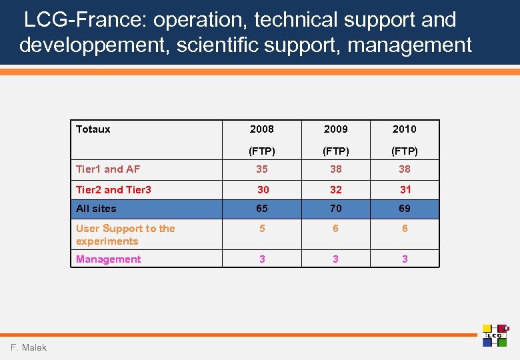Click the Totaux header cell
(x=93, y=129)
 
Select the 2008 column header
(x=261, y=129)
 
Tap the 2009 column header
(x=335, y=129)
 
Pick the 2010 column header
(x=404, y=129)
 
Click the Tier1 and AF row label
(x=108, y=169)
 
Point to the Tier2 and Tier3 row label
(x=113, y=190)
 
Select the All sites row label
(x=96, y=209)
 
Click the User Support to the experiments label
(x=125, y=235)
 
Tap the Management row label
(x=108, y=259)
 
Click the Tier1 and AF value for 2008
(x=262, y=169)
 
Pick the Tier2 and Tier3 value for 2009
(x=335, y=190)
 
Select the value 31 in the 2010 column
(x=405, y=190)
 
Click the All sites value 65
(x=262, y=209)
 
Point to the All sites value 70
(x=335, y=209)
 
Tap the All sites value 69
(x=405, y=209)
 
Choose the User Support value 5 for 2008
(x=262, y=228)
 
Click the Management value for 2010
(x=405, y=259)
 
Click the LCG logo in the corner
(x=495, y=335)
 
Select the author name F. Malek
(x=29, y=348)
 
